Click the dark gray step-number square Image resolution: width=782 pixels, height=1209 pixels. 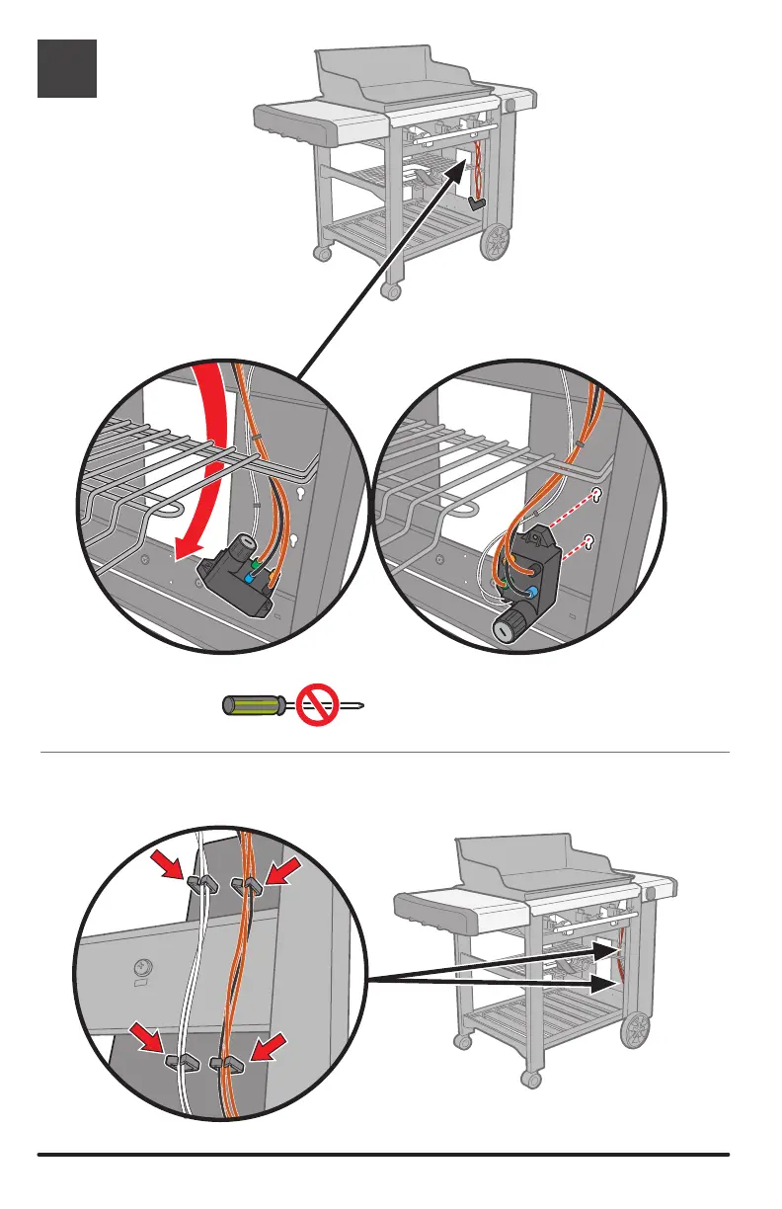[x=67, y=68]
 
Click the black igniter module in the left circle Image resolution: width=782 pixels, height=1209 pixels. [x=235, y=584]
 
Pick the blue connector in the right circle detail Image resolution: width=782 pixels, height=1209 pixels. [x=533, y=593]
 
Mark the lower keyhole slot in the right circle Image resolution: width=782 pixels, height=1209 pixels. [x=589, y=539]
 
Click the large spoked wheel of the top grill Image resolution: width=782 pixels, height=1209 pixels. [x=497, y=241]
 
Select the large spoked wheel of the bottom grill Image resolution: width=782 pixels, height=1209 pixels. [x=636, y=1029]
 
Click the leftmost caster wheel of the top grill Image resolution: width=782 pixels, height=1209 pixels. [x=321, y=253]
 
